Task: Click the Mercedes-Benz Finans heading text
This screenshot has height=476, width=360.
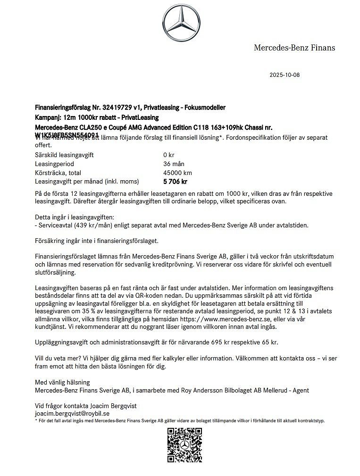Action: click(x=294, y=48)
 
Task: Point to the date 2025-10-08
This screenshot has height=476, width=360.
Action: click(x=285, y=75)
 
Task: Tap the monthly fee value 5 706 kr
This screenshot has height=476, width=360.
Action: click(x=175, y=182)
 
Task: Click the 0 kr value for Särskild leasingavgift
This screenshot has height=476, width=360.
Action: click(x=168, y=155)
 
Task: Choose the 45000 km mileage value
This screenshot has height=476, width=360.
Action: click(x=177, y=173)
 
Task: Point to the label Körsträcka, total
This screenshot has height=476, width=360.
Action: click(x=58, y=173)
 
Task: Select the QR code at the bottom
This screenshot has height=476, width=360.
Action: click(x=185, y=445)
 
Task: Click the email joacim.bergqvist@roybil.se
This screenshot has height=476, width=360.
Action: click(x=72, y=413)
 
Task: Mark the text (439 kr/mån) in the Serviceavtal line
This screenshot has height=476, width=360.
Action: click(x=89, y=225)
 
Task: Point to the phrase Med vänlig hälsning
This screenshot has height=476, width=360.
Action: click(x=62, y=382)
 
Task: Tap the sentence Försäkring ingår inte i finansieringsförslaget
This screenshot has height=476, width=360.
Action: click(x=97, y=241)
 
